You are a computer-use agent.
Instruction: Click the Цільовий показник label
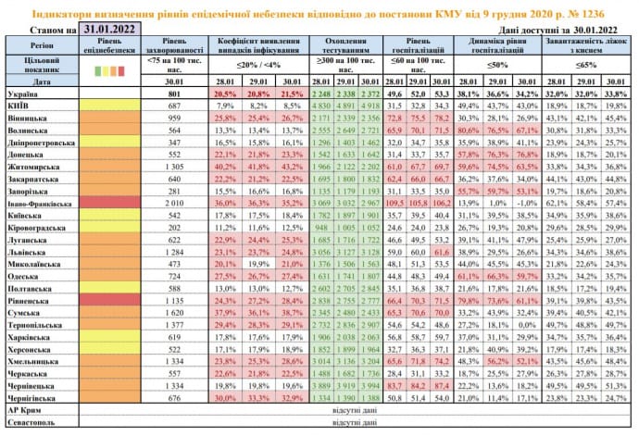pyautogui.click(x=35, y=65)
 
